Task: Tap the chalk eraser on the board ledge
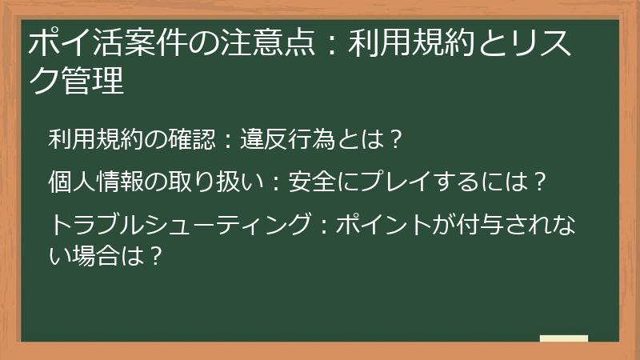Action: [x=563, y=339]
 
